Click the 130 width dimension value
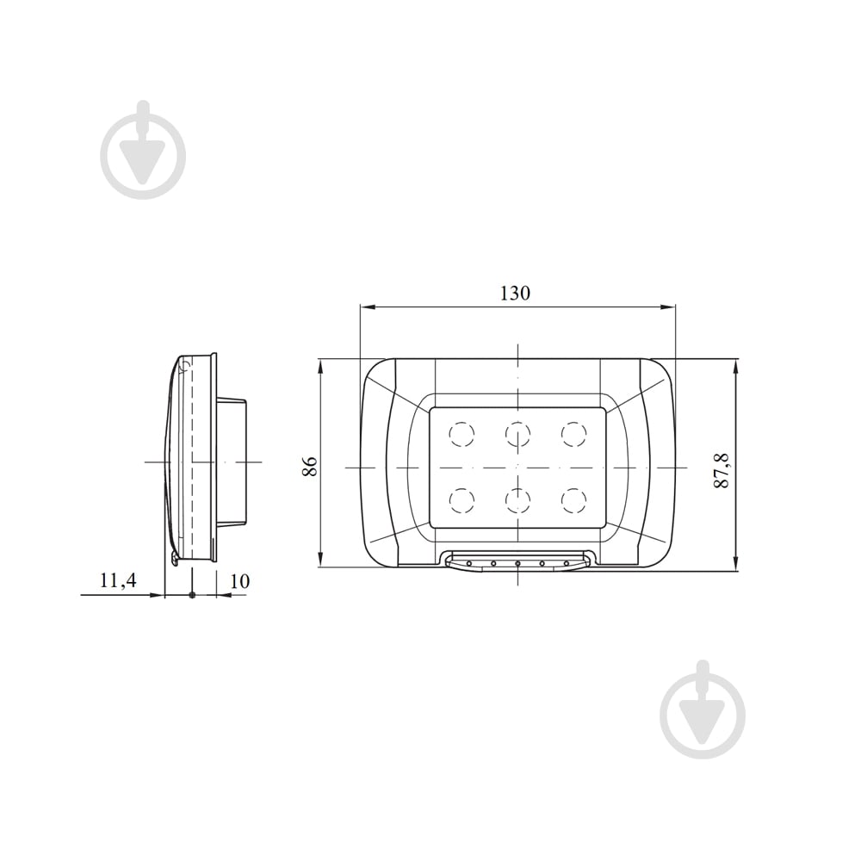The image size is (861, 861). pos(515,293)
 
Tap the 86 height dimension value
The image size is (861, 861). pos(310,466)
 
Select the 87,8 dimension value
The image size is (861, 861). pos(721,471)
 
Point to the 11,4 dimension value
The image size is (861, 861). pos(118,580)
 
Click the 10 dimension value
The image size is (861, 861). pos(239,581)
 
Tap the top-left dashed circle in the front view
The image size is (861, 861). pos(461,434)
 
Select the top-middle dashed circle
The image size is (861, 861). pos(517,434)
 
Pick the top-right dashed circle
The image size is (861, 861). pos(573,434)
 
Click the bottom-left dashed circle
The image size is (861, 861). pos(461,501)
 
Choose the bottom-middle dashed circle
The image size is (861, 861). pos(517,501)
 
